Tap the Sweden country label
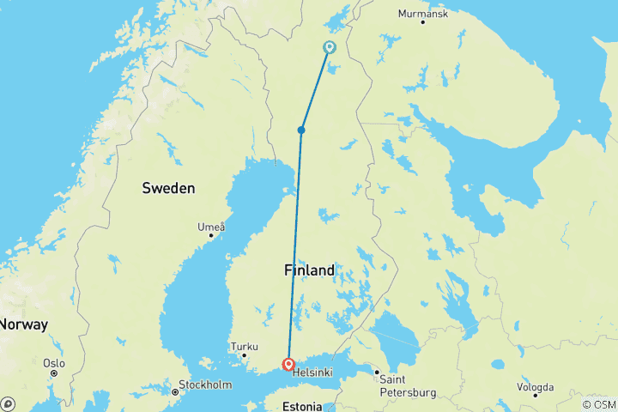click(168, 188)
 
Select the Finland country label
click(309, 270)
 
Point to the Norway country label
click(23, 324)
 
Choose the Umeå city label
click(211, 227)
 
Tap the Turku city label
click(244, 346)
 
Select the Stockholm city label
click(206, 384)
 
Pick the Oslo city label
click(55, 363)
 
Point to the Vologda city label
click(535, 387)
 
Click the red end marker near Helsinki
click(288, 365)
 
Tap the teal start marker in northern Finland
click(330, 47)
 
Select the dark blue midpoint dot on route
click(301, 130)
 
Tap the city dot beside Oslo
click(53, 373)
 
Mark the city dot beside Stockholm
click(175, 391)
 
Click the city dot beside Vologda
click(535, 396)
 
